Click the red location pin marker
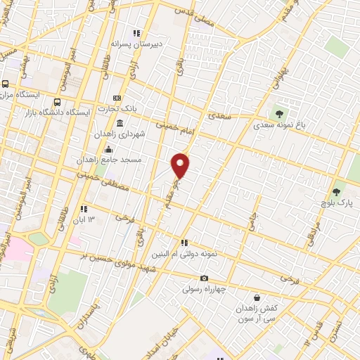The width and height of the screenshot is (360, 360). coord(181,165)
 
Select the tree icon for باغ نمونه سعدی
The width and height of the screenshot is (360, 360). coord(279,113)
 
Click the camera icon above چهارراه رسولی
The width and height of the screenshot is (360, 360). coord(204,278)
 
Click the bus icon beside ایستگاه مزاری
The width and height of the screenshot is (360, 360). coord(5,82)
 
